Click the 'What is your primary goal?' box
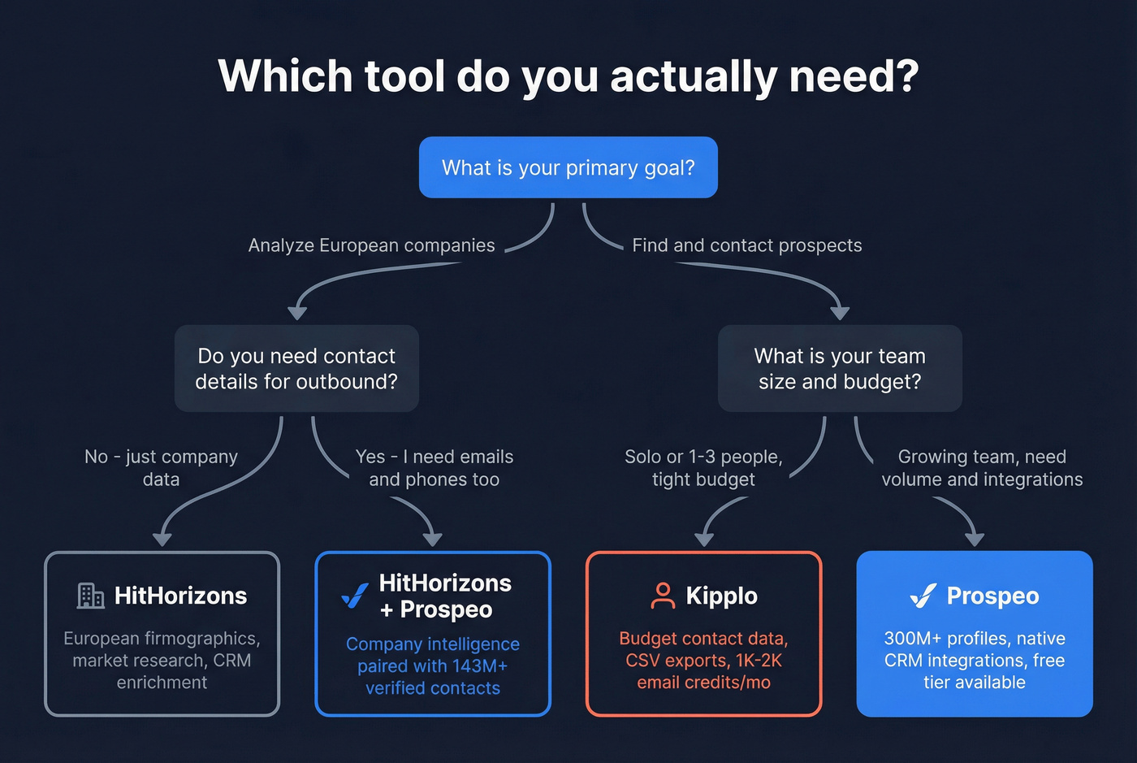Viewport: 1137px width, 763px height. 568,167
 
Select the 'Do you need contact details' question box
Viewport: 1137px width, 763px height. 296,369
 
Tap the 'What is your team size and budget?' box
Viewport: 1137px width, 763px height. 840,369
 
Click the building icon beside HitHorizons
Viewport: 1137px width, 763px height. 90,596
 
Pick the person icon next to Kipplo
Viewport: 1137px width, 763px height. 663,596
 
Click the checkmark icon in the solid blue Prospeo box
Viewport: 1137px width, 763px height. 923,596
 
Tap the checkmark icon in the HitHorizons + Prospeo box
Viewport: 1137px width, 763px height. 354,596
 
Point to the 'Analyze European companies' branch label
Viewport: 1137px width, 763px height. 371,245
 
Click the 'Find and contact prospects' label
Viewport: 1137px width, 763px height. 746,245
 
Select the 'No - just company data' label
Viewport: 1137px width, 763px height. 161,468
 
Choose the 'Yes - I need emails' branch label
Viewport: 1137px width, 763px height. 434,468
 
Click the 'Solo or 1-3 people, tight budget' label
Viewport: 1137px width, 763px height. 703,468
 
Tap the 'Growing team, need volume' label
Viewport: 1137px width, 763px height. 982,468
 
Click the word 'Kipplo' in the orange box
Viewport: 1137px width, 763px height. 721,596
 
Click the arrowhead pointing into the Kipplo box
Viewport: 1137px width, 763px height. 704,539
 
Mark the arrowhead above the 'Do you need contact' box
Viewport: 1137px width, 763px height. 297,312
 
